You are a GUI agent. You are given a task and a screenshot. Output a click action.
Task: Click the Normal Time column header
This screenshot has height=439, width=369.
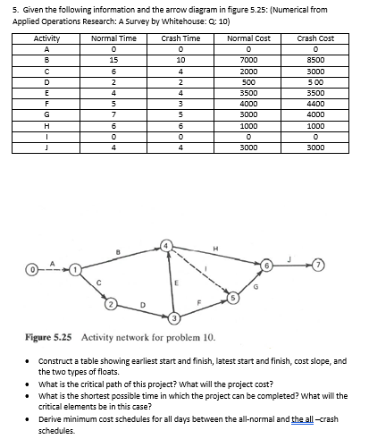[x=113, y=39]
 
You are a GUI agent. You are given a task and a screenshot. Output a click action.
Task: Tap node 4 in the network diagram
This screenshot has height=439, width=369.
[x=165, y=243]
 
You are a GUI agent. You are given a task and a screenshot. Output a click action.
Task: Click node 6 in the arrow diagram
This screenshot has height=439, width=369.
[x=266, y=266]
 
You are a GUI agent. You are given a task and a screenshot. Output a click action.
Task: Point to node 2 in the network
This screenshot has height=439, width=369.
[x=111, y=306]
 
